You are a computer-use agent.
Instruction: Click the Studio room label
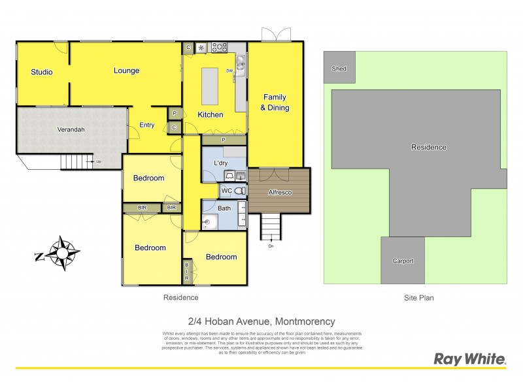pyautogui.click(x=41, y=72)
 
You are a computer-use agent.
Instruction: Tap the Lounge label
pyautogui.click(x=126, y=71)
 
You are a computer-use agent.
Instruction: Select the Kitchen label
pyautogui.click(x=211, y=115)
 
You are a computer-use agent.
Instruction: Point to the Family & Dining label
pyautogui.click(x=275, y=103)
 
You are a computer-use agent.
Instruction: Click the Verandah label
pyautogui.click(x=71, y=129)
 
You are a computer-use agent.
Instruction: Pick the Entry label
pyautogui.click(x=147, y=125)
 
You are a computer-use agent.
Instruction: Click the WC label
pyautogui.click(x=227, y=191)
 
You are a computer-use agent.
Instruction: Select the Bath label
pyautogui.click(x=224, y=208)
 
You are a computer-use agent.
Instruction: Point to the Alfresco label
pyautogui.click(x=280, y=193)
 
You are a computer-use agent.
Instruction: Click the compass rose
pyautogui.click(x=63, y=253)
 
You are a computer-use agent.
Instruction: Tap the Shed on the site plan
pyautogui.click(x=339, y=69)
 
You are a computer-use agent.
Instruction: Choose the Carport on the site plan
pyautogui.click(x=403, y=261)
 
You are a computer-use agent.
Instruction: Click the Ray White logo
pyautogui.click(x=470, y=359)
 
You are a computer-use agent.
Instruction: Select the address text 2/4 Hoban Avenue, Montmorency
pyautogui.click(x=261, y=321)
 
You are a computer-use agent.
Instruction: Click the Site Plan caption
pyautogui.click(x=418, y=297)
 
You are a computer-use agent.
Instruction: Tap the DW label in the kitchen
pyautogui.click(x=229, y=71)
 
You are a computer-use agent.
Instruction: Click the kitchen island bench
pyautogui.click(x=210, y=86)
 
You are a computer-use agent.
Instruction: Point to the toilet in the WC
pyautogui.click(x=239, y=191)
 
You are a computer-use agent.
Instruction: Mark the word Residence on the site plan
pyautogui.click(x=428, y=147)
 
